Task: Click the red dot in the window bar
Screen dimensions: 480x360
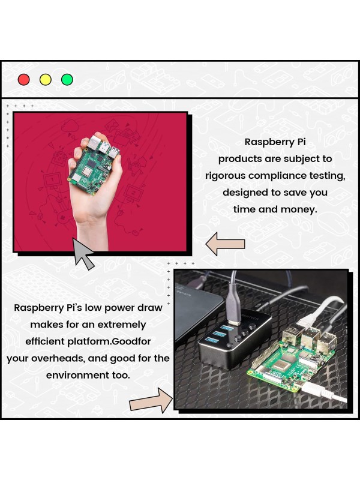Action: click(x=24, y=79)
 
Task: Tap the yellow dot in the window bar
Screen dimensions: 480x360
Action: click(x=46, y=79)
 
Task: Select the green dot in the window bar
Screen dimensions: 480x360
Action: click(x=67, y=79)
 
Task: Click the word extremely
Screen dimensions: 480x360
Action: click(x=116, y=324)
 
